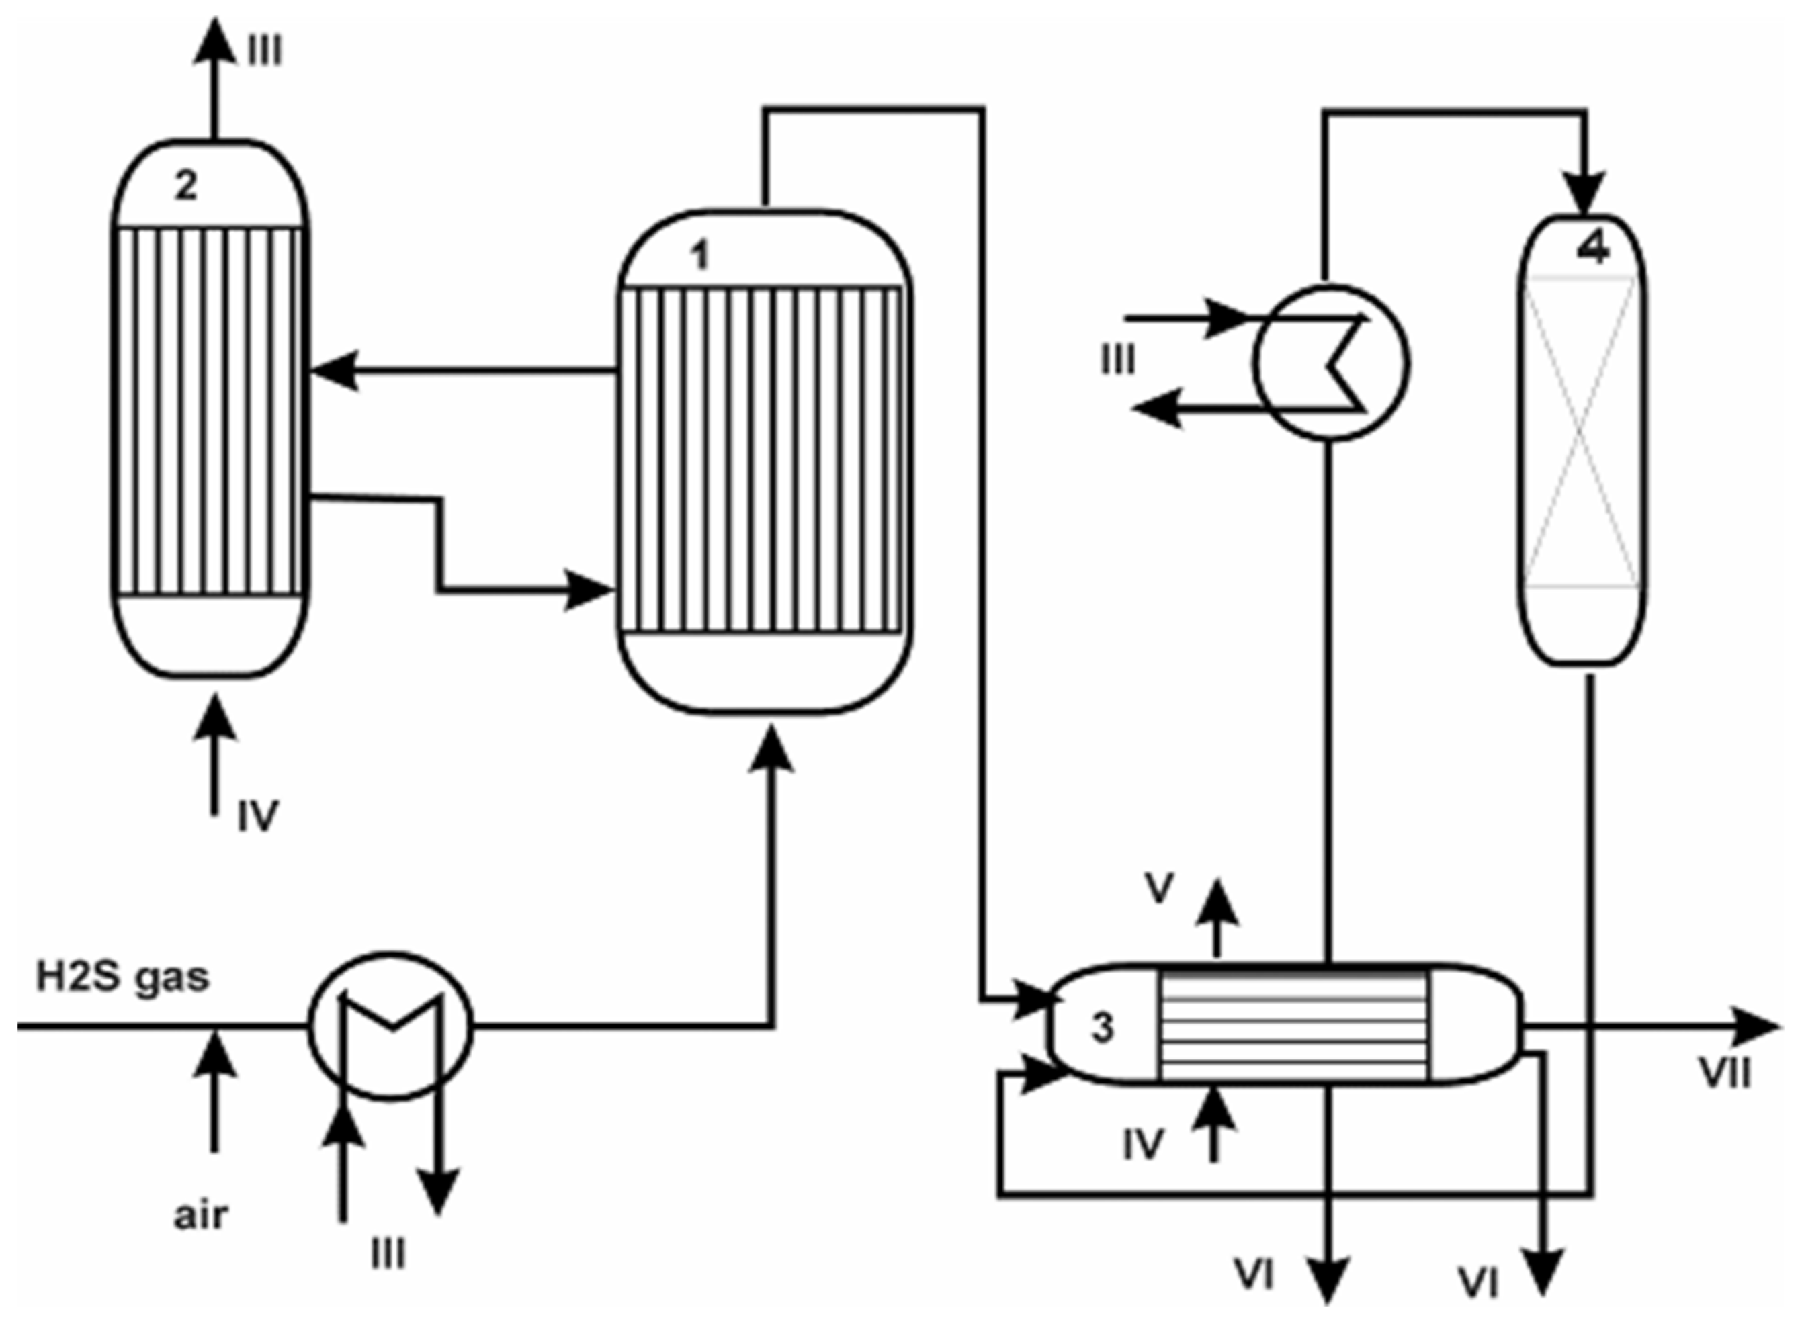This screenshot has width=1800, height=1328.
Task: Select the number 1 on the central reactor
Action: click(x=700, y=257)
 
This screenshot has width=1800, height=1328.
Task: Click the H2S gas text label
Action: click(x=122, y=977)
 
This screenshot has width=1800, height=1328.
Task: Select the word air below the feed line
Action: click(x=200, y=1214)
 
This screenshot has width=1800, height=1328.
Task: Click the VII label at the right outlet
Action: click(x=1725, y=1073)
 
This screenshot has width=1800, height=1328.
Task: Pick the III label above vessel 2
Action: click(x=265, y=52)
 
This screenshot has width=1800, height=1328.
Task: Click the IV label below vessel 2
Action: click(x=257, y=817)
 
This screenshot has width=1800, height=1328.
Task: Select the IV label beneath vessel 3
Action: click(x=1143, y=1145)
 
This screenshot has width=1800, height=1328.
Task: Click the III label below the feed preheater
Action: click(x=388, y=1254)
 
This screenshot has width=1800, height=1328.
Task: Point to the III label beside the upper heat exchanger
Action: click(x=1117, y=361)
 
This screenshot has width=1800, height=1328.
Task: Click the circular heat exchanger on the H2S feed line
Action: click(x=391, y=1026)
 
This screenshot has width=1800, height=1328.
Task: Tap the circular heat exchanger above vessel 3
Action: click(x=1330, y=362)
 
